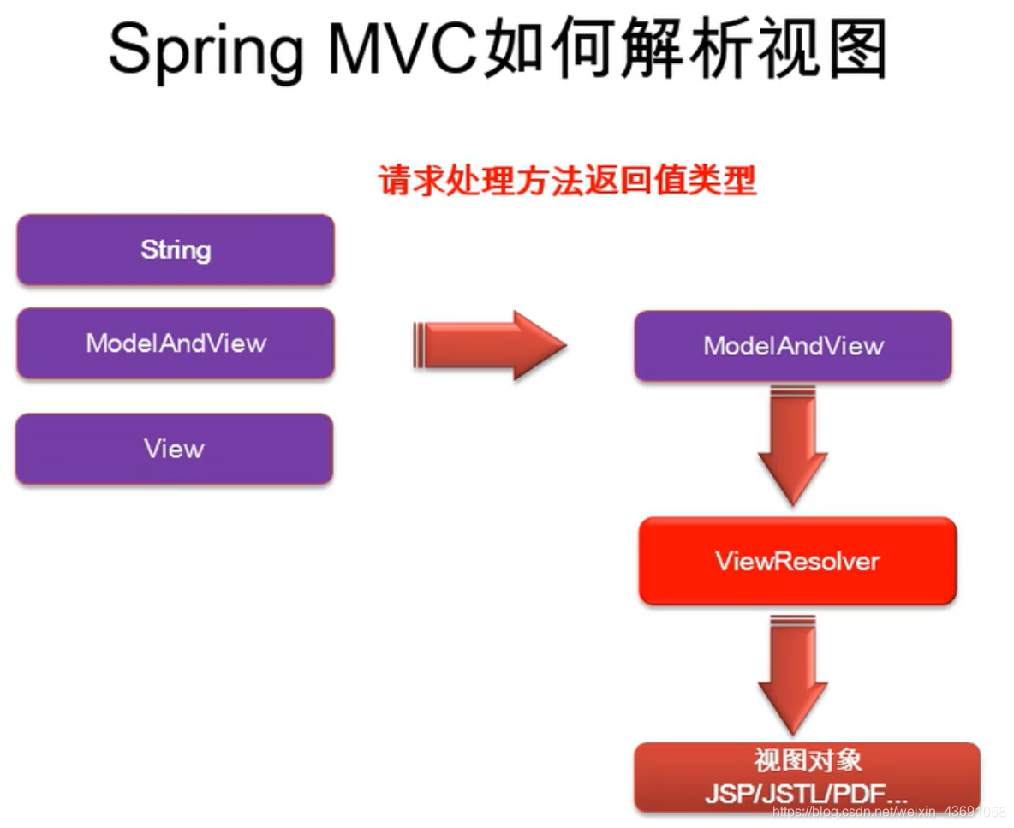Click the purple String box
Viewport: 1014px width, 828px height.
point(176,250)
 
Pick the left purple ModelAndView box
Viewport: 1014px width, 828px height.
point(176,343)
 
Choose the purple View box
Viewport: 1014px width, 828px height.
point(174,450)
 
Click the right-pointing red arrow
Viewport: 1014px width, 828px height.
point(490,345)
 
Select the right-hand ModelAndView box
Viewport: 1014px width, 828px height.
point(793,346)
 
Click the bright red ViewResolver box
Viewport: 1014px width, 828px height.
point(797,562)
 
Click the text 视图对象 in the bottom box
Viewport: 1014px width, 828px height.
point(807,760)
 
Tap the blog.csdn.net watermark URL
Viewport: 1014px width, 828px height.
point(889,812)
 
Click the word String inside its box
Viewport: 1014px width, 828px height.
point(176,250)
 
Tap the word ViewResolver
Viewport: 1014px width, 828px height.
point(797,562)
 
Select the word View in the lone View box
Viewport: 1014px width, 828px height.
point(174,450)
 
